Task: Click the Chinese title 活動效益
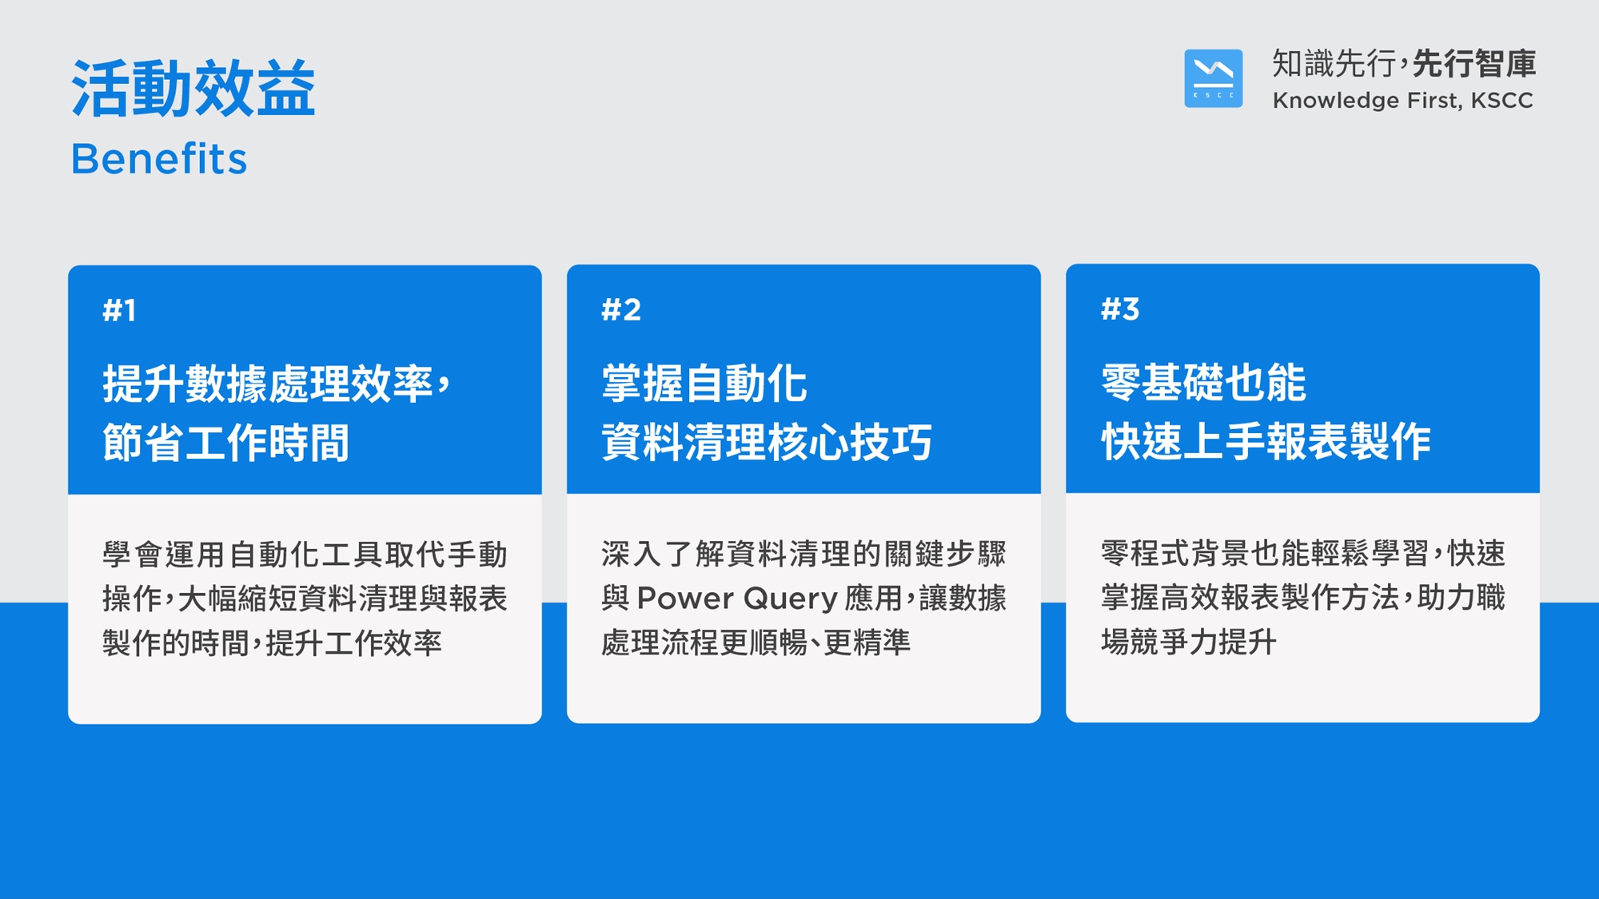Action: tap(193, 88)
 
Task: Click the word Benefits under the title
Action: tap(159, 158)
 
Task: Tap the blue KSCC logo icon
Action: tap(1213, 78)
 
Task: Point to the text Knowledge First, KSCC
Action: tap(1402, 101)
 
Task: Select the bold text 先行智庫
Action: tap(1474, 64)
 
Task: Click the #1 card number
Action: tap(119, 310)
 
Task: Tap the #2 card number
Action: tap(621, 309)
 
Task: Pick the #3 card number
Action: tap(1120, 308)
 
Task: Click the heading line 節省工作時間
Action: tap(225, 443)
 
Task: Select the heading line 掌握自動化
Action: tap(704, 384)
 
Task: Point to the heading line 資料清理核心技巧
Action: tap(767, 442)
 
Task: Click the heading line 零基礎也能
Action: tap(1203, 382)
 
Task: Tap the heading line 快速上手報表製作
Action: tap(1266, 441)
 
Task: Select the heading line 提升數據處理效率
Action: tap(267, 384)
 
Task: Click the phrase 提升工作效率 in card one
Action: tap(353, 642)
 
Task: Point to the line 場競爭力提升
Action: tap(1188, 642)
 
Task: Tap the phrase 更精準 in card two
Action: tap(867, 642)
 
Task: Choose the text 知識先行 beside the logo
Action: tap(1334, 64)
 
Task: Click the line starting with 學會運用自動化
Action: tap(305, 555)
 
